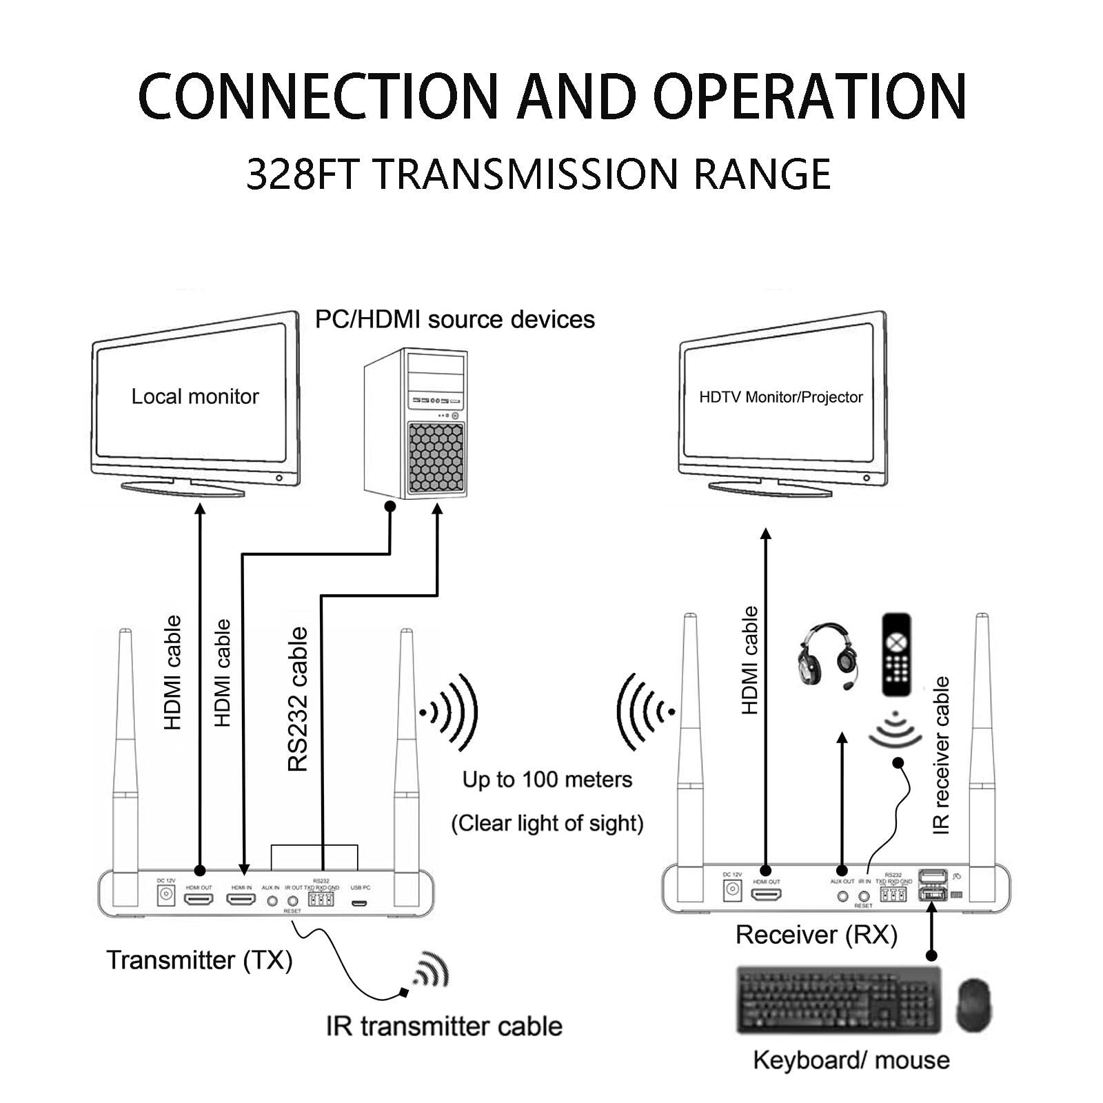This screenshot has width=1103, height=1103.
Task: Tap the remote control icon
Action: (x=897, y=656)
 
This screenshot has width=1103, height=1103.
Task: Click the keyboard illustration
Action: (x=838, y=1000)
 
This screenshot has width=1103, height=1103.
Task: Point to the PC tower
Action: (x=416, y=423)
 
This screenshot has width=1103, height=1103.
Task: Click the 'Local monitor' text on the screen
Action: (x=195, y=396)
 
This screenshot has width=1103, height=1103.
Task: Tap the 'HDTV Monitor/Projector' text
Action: (x=780, y=397)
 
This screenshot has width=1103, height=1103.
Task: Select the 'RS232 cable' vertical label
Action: (x=298, y=699)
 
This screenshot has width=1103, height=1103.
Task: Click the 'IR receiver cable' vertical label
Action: (x=941, y=756)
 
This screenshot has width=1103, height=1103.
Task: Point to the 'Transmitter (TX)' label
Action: (x=199, y=960)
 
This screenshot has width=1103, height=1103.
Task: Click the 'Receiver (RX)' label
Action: (x=816, y=935)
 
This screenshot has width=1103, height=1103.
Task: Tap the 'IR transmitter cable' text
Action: (x=444, y=1026)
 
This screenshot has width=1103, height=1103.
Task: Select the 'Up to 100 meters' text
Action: (x=547, y=780)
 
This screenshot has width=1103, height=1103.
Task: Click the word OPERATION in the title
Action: (x=810, y=96)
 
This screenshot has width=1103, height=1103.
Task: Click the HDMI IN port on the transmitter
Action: (x=241, y=900)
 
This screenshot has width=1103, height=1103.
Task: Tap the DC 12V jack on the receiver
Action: (x=732, y=889)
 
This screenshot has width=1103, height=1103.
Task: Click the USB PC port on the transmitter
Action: (x=360, y=903)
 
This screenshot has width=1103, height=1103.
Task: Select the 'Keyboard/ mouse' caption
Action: (x=851, y=1060)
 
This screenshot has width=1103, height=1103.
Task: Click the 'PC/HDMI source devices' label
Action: (x=454, y=320)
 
